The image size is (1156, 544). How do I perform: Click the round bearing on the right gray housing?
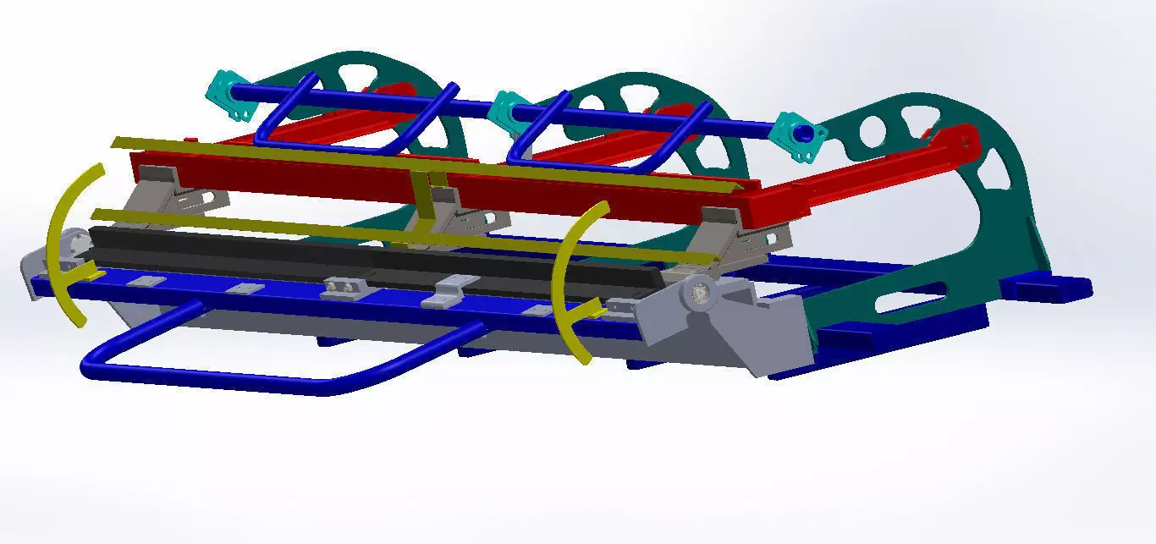coord(698,293)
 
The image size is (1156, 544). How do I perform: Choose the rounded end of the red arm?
coord(960,140)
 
